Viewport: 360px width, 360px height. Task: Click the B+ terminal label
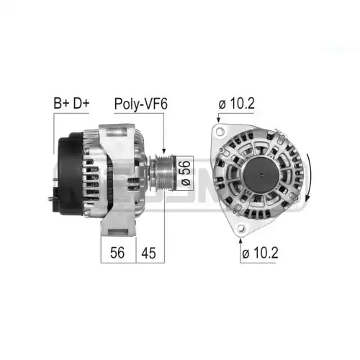62,103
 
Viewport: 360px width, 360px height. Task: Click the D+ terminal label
81,103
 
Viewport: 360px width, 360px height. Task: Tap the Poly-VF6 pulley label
141,104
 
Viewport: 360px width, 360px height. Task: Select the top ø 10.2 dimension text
236,104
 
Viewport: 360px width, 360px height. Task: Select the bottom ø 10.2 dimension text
260,253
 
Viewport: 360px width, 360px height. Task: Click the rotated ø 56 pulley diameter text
186,173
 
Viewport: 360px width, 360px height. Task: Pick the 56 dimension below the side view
117,253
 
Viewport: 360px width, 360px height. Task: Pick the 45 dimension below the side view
148,253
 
